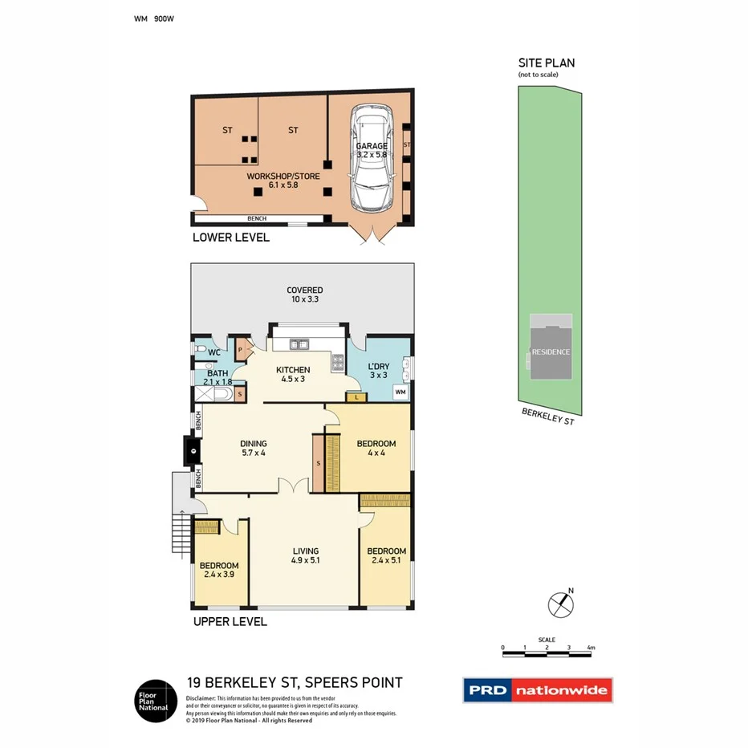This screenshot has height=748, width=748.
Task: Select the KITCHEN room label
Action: (x=293, y=375)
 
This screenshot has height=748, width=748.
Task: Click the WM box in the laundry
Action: (x=400, y=392)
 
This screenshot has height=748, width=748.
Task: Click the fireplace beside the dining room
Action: (x=192, y=450)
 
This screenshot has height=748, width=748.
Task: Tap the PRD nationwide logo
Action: (x=537, y=689)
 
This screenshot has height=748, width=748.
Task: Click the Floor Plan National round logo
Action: (x=154, y=700)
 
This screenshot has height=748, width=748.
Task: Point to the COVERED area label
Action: (x=305, y=295)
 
